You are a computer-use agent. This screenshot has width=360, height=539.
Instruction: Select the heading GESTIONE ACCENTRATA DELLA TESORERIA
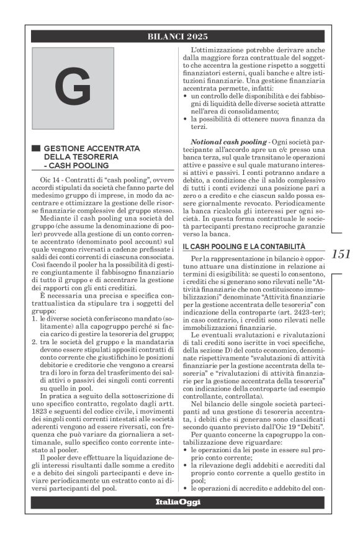[92, 153]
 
